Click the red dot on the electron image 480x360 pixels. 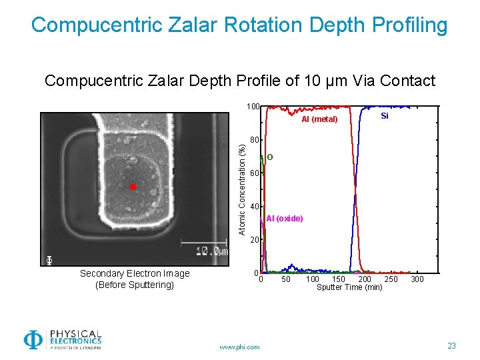133,187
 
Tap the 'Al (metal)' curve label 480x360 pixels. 319,120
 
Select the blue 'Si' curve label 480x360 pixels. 385,116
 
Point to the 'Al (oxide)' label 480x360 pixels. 285,219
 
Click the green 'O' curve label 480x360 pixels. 269,157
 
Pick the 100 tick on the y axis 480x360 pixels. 253,107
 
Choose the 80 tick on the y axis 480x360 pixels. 255,140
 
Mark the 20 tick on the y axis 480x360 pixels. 255,239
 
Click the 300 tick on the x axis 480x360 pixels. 417,279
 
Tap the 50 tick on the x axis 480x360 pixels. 286,279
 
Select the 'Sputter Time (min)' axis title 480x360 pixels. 349,287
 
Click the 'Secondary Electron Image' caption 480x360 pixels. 135,273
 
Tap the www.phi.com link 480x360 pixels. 239,347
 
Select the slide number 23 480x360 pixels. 452,345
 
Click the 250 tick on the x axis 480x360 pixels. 391,279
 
